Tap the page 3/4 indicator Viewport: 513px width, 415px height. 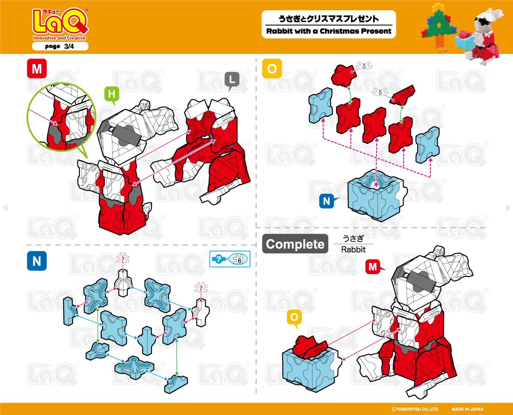coord(60,47)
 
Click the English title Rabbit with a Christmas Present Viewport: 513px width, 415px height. coord(329,31)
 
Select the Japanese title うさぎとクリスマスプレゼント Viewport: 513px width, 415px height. coord(328,19)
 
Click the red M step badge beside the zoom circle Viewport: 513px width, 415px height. coord(37,69)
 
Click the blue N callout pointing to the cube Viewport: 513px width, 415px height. coord(327,201)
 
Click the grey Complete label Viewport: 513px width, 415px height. coord(295,244)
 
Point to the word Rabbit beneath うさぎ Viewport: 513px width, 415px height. coord(353,249)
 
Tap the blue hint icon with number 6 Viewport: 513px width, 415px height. coord(230,259)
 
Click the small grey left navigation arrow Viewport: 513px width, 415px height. coord(5,207)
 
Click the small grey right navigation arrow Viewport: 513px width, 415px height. coord(508,207)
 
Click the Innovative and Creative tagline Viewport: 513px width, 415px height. coord(59,38)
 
